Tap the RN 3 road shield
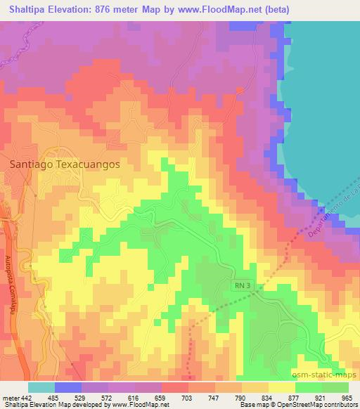[242, 284]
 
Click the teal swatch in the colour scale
[41, 387]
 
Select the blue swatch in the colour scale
[68, 387]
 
